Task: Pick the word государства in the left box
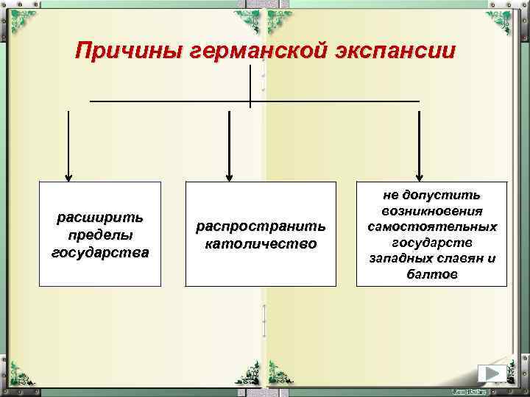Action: tap(100, 253)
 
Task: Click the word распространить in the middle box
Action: tap(261, 226)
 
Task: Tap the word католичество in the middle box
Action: tap(261, 243)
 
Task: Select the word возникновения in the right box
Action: tap(432, 211)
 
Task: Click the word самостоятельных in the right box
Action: tap(432, 226)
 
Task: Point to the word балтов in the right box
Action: tap(432, 274)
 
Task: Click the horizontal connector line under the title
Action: tap(169, 101)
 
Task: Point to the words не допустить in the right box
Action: tap(432, 195)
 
